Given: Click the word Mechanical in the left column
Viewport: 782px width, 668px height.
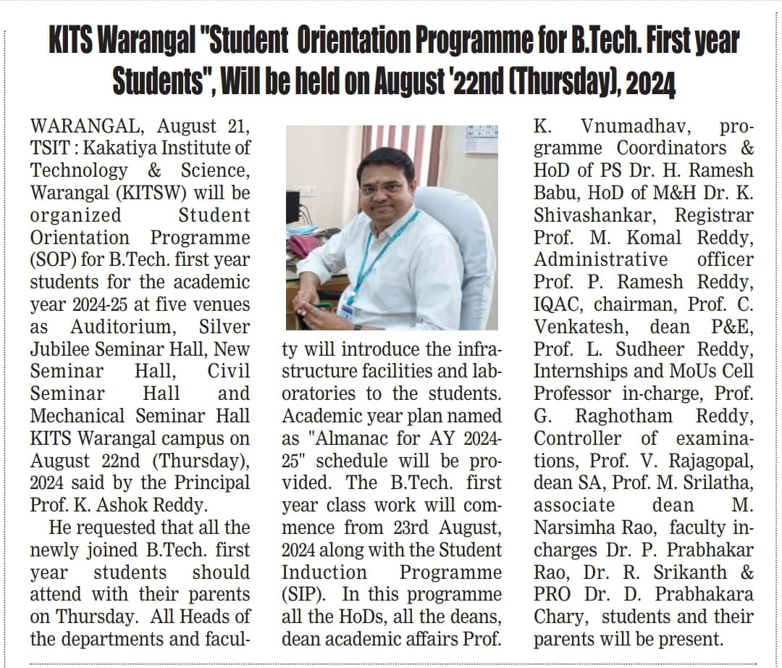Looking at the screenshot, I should click(78, 416).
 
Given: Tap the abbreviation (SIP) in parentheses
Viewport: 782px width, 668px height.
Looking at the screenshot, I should click(302, 595).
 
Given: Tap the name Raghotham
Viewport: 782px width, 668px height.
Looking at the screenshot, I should click(623, 416).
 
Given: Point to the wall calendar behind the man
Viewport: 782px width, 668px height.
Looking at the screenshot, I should click(480, 138).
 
